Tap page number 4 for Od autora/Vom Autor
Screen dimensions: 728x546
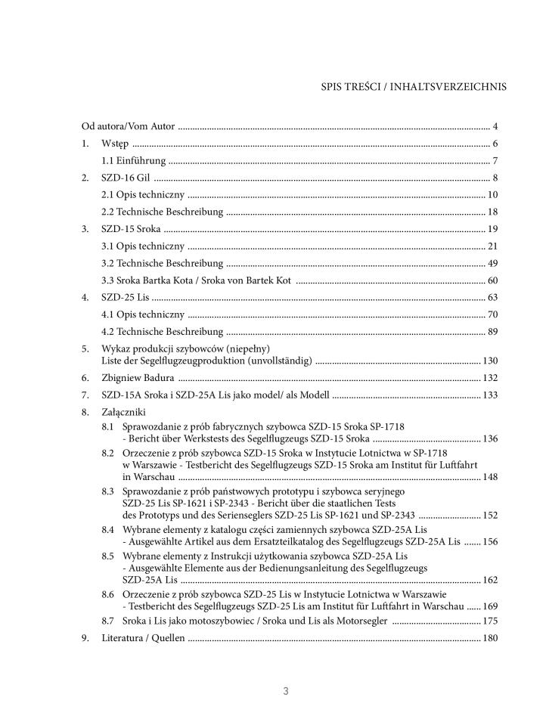(494, 126)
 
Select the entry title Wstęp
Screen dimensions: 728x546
(115, 144)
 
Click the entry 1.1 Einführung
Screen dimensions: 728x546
(134, 161)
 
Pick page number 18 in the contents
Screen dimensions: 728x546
(492, 212)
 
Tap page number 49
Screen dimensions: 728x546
(492, 264)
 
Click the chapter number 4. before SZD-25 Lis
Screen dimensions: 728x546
(85, 298)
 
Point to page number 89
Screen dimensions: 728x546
(492, 332)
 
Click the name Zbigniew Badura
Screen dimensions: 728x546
(138, 377)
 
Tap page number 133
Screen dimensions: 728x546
(490, 395)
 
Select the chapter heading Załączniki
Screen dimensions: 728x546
(124, 412)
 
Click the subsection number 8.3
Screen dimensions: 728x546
(108, 491)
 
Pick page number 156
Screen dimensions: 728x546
(490, 542)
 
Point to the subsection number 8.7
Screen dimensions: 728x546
(108, 621)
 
